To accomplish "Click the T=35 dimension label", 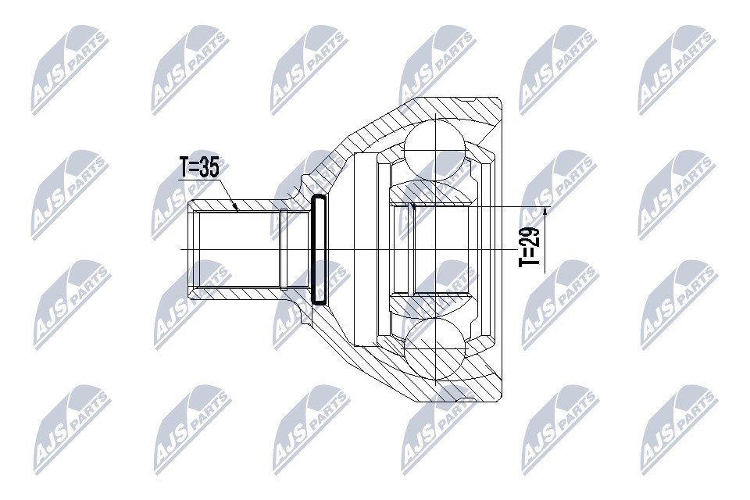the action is tap(199, 167).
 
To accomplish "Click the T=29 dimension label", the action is tap(529, 245).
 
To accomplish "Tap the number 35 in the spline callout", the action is tap(209, 167).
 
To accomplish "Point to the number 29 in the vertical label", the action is tap(529, 235).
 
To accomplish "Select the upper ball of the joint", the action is tap(434, 150).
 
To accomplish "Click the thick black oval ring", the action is tap(319, 249).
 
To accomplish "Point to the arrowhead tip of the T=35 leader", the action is tap(237, 210).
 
